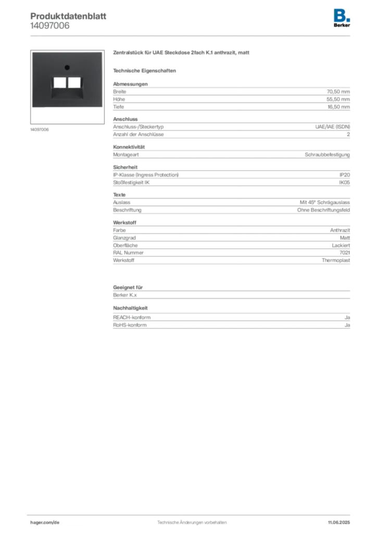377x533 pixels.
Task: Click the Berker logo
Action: click(342, 18)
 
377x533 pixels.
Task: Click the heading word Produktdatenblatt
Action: click(68, 16)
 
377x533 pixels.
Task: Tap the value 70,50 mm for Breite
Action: click(338, 92)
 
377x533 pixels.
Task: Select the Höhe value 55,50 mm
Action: click(338, 99)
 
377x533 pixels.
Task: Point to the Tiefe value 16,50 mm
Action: click(338, 107)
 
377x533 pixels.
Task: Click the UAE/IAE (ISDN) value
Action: click(332, 127)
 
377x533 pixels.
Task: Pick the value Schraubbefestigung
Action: click(327, 155)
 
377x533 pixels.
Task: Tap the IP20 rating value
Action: click(345, 175)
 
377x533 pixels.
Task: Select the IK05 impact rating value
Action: click(344, 183)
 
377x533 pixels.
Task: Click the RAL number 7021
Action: click(345, 252)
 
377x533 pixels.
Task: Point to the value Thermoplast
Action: click(336, 260)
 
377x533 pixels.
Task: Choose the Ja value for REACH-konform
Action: click(347, 318)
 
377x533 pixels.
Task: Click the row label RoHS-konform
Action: click(130, 325)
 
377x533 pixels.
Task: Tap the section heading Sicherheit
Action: click(125, 167)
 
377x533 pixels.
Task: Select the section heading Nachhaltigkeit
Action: click(131, 308)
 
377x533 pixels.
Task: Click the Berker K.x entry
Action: click(125, 295)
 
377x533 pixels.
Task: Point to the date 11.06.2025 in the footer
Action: click(339, 523)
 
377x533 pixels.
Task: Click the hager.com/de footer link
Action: click(45, 523)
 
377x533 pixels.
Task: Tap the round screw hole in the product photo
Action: click(67, 68)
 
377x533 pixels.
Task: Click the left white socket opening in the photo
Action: click(60, 83)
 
